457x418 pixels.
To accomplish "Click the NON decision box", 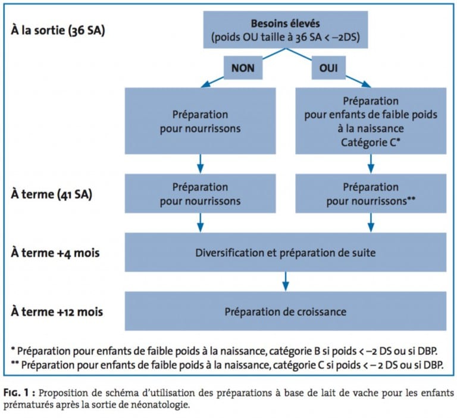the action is coord(243,68).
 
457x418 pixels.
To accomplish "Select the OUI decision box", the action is coord(328,68).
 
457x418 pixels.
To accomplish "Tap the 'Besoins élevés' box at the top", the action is coord(286,30).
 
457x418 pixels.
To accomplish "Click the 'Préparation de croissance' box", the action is coord(286,311).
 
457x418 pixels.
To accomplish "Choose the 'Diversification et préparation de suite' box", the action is coord(286,252).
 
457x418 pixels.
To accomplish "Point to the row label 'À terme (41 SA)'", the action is coord(52,194).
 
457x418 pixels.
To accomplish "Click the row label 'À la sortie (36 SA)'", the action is coord(58,30).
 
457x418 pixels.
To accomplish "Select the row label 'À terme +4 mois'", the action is coord(55,253).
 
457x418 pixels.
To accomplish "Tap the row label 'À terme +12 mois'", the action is coord(57,312).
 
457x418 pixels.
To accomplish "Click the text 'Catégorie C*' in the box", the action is coord(371,143).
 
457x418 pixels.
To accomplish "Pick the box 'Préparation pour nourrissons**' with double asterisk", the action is coord(371,193).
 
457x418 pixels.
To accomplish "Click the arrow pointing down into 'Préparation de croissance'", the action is coord(286,281).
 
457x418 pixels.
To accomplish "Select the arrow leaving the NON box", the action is coord(212,82).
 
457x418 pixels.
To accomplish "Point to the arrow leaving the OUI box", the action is coord(358,82).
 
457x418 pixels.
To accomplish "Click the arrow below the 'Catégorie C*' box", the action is coord(371,164).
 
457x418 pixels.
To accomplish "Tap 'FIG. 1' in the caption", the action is coord(16,392).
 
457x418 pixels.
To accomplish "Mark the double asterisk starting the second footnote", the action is coord(15,363).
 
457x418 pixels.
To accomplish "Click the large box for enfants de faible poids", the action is coord(371,121).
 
